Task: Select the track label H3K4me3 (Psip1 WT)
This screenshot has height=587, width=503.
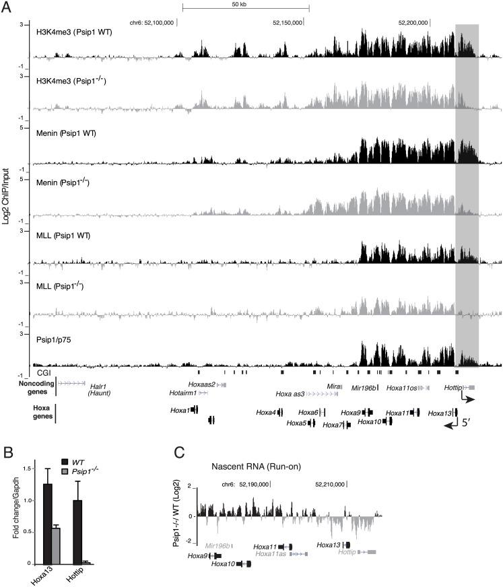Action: click(x=74, y=32)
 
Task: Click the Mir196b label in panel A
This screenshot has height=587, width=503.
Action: click(x=362, y=388)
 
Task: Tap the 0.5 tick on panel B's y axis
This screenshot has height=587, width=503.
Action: click(x=30, y=532)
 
